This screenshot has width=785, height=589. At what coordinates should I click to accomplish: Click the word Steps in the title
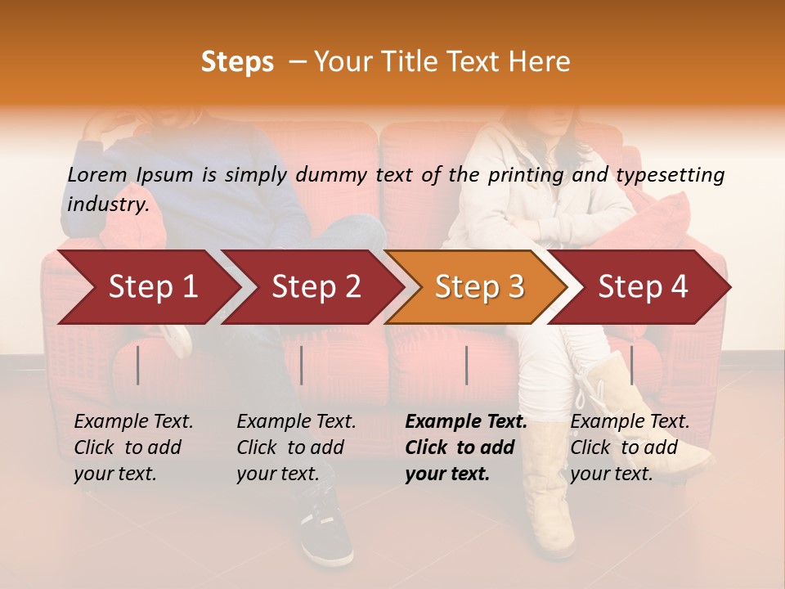click(237, 62)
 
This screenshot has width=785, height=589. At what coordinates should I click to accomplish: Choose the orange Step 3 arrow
click(479, 287)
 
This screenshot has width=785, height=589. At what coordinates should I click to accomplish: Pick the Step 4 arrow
click(643, 287)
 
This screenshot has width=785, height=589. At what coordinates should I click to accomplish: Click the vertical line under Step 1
click(138, 365)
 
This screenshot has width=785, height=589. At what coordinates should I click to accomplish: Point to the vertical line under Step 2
click(302, 365)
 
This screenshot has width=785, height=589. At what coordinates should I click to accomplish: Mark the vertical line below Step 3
click(466, 365)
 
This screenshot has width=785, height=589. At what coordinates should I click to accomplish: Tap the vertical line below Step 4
click(631, 365)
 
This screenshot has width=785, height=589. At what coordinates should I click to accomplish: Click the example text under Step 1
click(133, 447)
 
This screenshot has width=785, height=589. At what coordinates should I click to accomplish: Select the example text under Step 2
click(296, 447)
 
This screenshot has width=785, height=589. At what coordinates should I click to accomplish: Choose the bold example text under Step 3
click(465, 447)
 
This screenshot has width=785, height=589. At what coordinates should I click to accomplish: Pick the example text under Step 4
click(630, 447)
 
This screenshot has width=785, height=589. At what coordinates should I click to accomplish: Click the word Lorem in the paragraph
click(97, 174)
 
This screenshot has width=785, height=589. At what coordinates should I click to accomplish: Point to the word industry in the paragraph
click(107, 204)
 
